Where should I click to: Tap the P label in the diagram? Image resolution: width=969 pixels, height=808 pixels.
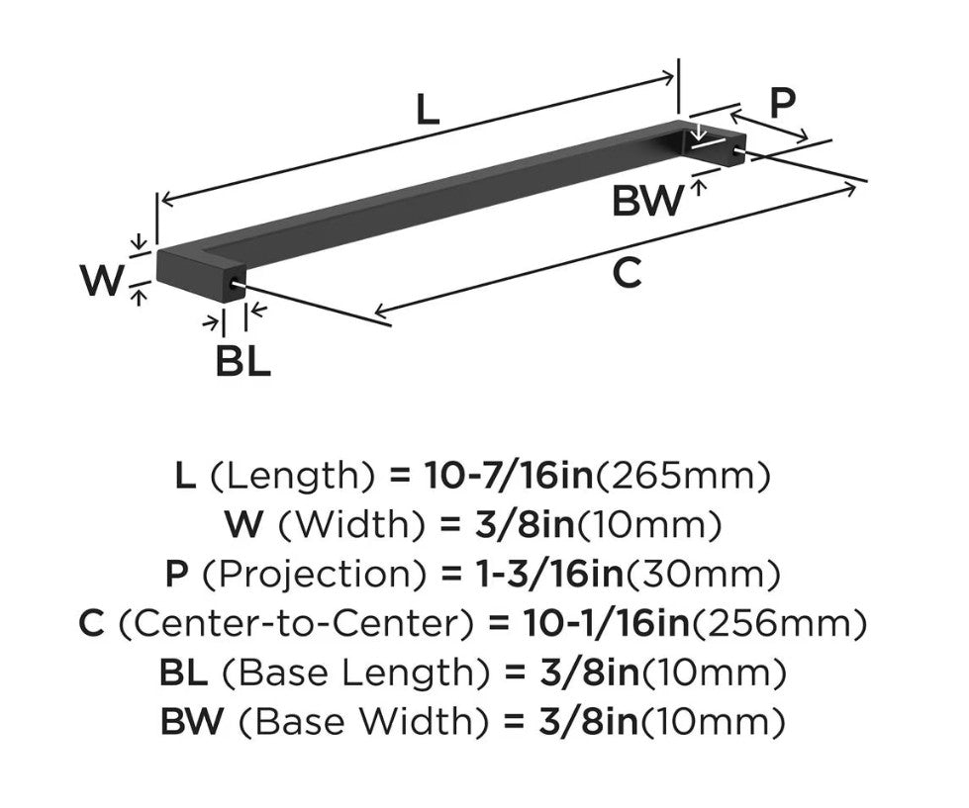click(782, 103)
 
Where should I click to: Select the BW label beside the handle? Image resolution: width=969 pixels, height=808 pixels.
click(648, 201)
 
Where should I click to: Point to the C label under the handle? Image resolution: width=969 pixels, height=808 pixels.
click(627, 273)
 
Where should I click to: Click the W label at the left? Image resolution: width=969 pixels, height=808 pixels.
click(102, 280)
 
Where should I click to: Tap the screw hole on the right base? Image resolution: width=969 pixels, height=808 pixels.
click(736, 150)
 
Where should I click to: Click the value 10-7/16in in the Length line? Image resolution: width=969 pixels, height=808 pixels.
click(508, 476)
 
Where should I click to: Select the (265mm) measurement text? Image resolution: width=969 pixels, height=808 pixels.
click(683, 476)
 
